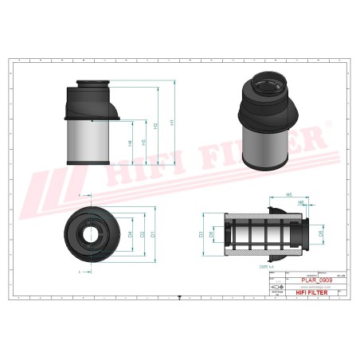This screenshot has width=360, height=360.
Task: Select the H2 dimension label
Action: coord(155,131)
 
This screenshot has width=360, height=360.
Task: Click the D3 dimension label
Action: coord(201,234)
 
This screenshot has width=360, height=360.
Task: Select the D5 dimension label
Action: coord(321,234)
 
